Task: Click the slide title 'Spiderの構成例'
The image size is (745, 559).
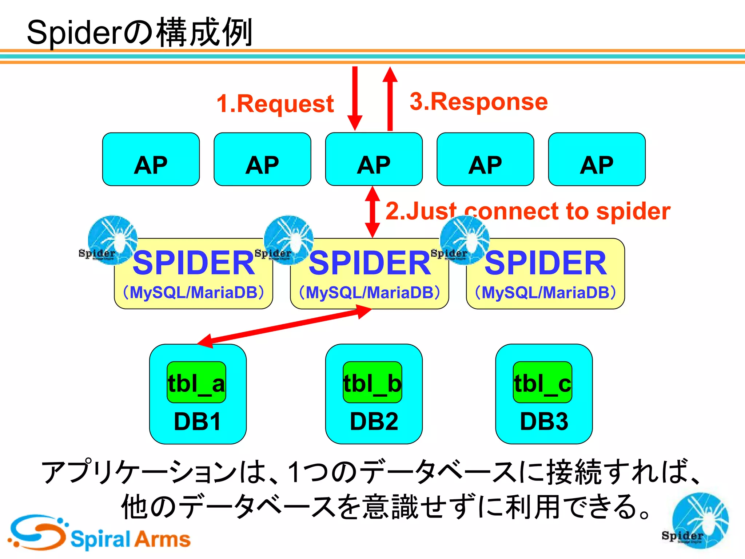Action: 140,33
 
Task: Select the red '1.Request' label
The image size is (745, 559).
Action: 275,104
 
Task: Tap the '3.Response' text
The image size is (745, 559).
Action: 478,102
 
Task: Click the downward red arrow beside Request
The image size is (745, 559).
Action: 355,98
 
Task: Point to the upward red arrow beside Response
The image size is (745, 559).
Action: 390,98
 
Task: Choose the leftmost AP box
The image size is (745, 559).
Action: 151,159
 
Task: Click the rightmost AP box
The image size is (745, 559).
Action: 597,159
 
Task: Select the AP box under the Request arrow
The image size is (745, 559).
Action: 374,159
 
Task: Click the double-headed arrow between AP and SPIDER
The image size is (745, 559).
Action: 372,212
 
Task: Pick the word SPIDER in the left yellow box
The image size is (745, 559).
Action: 194,263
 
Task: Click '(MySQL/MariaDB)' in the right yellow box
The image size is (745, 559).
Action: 545,293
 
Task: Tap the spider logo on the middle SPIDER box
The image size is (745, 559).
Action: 289,239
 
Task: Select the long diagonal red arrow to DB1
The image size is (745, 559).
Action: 284,326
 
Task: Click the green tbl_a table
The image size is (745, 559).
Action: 196,382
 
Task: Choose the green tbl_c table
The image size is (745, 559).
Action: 542,382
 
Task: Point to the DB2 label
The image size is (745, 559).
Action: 374,421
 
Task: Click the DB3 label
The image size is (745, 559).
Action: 544,421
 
